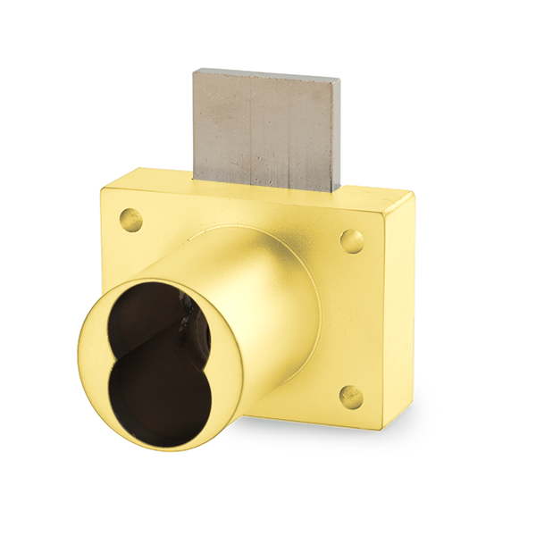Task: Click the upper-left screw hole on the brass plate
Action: [x=131, y=217]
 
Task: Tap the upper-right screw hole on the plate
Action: [x=352, y=240]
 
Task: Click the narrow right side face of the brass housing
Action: [x=401, y=313]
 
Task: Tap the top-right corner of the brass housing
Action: [x=413, y=192]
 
